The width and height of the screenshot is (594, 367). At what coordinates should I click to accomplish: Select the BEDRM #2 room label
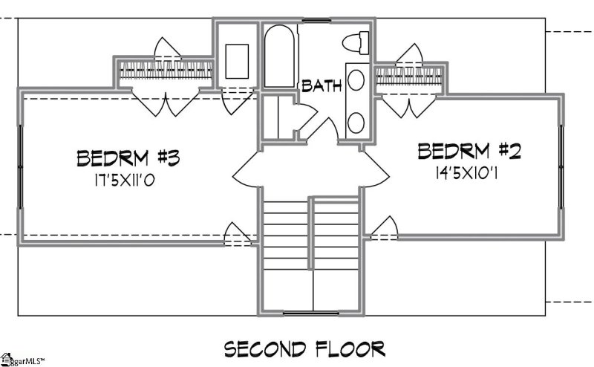click(x=470, y=153)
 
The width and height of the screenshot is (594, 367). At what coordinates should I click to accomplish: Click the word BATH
click(x=322, y=86)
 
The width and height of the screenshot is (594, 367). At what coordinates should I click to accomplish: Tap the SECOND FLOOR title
click(x=304, y=348)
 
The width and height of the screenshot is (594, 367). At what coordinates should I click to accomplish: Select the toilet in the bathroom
click(x=358, y=43)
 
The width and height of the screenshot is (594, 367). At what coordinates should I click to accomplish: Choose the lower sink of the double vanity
click(x=357, y=123)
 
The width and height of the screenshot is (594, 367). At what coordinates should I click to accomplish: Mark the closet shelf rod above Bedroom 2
click(x=411, y=74)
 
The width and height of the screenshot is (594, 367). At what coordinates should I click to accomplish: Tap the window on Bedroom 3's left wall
click(x=20, y=163)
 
